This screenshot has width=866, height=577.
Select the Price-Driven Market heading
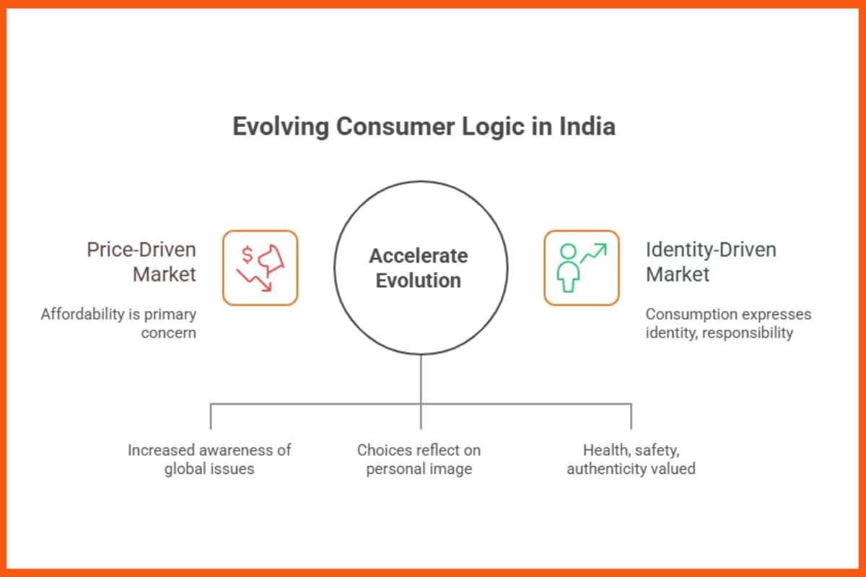pyautogui.click(x=141, y=262)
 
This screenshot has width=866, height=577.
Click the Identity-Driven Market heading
pyautogui.click(x=711, y=262)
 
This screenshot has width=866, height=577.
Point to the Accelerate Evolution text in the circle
pyautogui.click(x=419, y=268)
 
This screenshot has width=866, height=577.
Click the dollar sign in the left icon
pyautogui.click(x=247, y=254)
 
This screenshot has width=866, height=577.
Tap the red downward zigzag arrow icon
pyautogui.click(x=254, y=281)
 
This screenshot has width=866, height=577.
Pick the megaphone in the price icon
pyautogui.click(x=273, y=257)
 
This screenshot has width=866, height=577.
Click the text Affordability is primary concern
pyautogui.click(x=118, y=324)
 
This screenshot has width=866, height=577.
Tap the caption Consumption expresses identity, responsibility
pyautogui.click(x=727, y=324)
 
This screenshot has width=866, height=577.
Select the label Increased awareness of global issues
pyautogui.click(x=209, y=459)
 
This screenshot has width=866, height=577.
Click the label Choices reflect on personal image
pyautogui.click(x=419, y=459)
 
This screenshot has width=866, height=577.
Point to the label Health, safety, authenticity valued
pyautogui.click(x=631, y=459)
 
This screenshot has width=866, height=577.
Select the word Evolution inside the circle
pyautogui.click(x=419, y=280)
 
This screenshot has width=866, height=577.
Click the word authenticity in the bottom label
pyautogui.click(x=610, y=469)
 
